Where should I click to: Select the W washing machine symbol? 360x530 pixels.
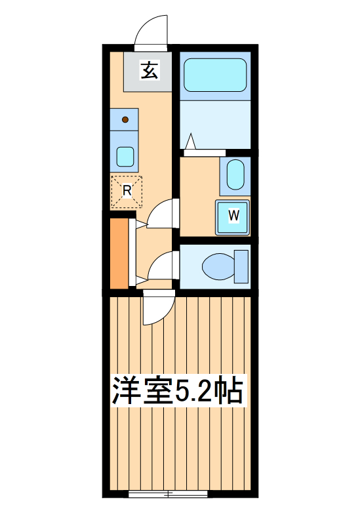point(233,215)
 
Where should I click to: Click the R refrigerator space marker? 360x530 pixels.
point(127,191)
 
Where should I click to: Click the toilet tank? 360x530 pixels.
point(241,266)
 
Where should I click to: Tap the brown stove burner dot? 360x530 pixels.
point(126,119)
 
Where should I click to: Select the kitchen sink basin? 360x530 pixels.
point(125,156)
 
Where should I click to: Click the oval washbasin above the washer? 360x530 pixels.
point(235,175)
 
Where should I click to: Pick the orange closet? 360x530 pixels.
point(119,253)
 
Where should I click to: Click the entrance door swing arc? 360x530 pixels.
point(152,30)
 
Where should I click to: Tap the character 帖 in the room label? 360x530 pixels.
point(229,392)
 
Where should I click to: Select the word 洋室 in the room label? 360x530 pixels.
point(142,392)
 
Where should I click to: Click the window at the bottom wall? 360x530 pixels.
point(169,493)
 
